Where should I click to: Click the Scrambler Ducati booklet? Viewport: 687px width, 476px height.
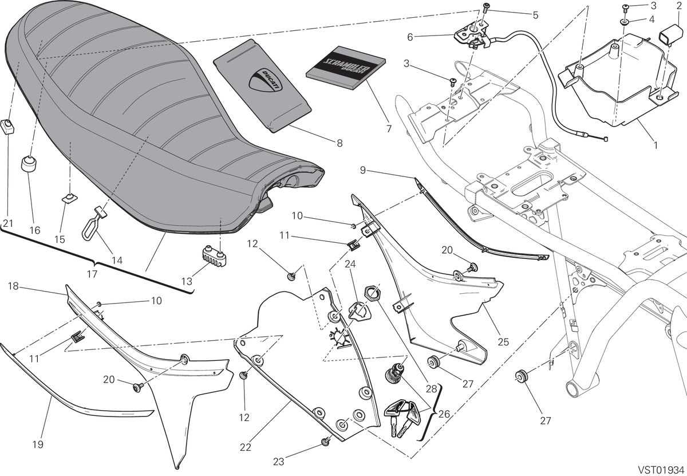tap(346, 68)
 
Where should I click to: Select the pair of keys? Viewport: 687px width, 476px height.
tap(402, 418)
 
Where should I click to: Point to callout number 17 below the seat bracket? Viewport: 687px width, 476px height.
tap(92, 274)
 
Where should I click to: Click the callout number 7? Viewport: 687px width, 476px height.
tap(389, 129)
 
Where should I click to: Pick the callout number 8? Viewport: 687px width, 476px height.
tap(339, 143)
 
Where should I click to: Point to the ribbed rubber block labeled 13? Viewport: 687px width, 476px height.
tap(212, 255)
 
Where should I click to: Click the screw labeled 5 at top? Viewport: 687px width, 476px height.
tap(485, 7)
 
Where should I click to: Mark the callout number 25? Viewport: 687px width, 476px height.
tap(503, 341)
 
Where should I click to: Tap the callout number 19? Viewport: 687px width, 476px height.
tap(38, 444)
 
